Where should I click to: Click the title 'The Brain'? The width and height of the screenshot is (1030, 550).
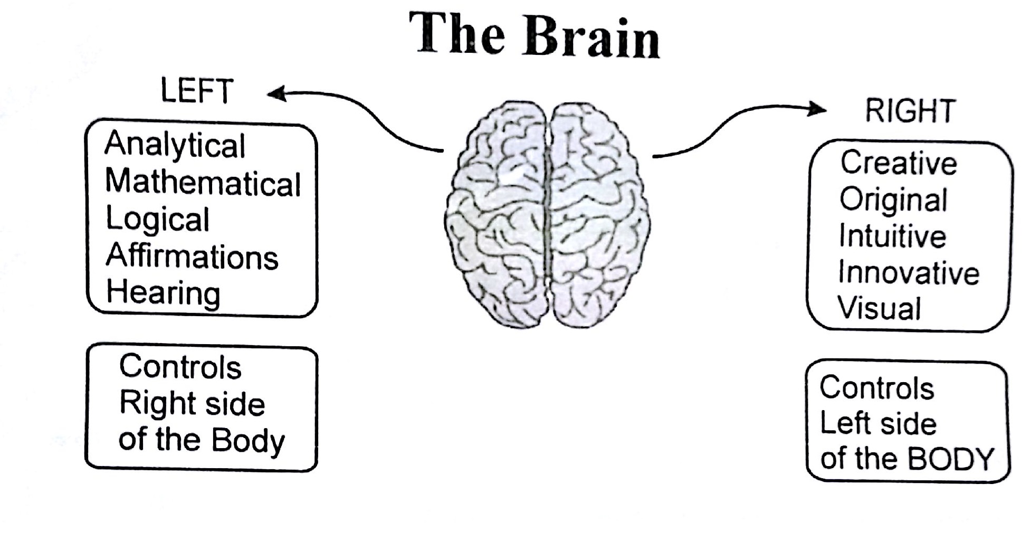(x=534, y=36)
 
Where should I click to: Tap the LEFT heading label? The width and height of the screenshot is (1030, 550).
(x=196, y=91)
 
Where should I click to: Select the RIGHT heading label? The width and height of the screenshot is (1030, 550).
(x=911, y=111)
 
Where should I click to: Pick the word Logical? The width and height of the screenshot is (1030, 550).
(x=158, y=220)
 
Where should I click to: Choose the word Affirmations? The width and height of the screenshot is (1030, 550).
(x=192, y=257)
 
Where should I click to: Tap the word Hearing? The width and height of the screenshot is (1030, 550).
(x=164, y=293)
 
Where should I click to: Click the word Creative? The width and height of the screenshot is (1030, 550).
(x=899, y=163)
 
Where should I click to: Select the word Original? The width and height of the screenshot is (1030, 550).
(x=893, y=200)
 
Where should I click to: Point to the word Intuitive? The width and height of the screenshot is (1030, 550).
(x=892, y=236)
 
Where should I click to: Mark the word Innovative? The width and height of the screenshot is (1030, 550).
(x=909, y=273)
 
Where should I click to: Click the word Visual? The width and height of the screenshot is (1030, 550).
(x=880, y=308)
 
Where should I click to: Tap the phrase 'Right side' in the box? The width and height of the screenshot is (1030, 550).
(x=192, y=404)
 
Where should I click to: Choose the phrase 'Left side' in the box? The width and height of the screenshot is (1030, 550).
(x=878, y=423)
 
